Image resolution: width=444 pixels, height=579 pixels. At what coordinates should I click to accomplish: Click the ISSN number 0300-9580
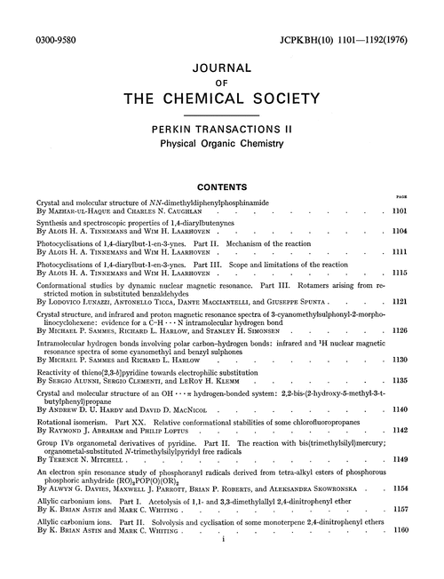coord(52,16)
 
